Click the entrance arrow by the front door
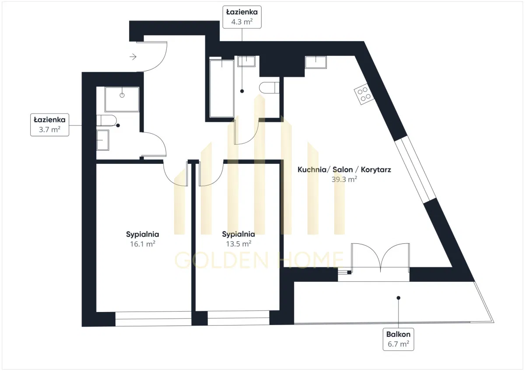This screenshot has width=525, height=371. (133, 57)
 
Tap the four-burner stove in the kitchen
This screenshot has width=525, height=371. (364, 94)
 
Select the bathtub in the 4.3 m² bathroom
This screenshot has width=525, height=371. (222, 88)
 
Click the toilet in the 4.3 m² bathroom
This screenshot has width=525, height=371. (269, 88)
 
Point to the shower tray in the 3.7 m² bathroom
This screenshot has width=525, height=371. (122, 100)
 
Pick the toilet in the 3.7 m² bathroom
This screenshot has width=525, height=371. (106, 121)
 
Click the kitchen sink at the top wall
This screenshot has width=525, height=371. (316, 62)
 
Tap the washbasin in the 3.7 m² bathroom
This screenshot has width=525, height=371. (103, 140)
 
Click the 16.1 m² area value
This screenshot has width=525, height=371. (143, 244)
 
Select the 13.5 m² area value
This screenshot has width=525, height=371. (238, 244)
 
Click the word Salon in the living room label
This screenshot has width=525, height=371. (343, 170)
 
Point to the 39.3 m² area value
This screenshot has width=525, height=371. (344, 179)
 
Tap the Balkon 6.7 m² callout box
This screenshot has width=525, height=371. (398, 339)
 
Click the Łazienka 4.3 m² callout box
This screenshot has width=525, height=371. (242, 17)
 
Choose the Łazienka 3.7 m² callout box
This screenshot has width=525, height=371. (50, 125)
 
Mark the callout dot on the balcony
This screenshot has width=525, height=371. (398, 298)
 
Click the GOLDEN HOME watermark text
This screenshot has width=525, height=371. (259, 260)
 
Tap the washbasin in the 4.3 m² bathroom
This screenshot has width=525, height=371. (246, 61)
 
